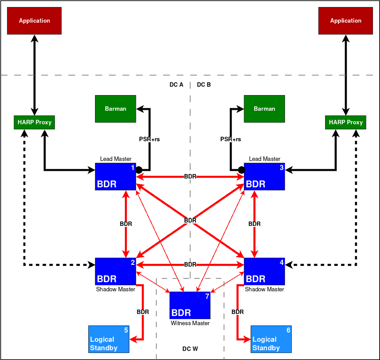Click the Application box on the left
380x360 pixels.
click(x=34, y=21)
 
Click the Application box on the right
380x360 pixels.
click(x=346, y=21)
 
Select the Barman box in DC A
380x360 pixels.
click(x=115, y=109)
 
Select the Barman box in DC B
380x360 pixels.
click(x=264, y=109)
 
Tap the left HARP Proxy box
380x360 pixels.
click(x=34, y=122)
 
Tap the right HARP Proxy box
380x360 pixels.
click(x=346, y=122)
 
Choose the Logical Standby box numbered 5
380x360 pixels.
click(x=109, y=339)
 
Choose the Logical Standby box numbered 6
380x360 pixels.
click(x=271, y=339)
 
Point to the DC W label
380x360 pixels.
click(x=190, y=349)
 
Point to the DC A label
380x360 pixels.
click(x=176, y=85)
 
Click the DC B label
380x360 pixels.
click(x=204, y=85)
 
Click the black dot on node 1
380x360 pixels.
click(x=139, y=170)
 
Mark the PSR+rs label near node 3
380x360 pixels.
click(x=230, y=139)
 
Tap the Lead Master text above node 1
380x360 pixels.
click(x=116, y=159)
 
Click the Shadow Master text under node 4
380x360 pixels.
click(x=264, y=289)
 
